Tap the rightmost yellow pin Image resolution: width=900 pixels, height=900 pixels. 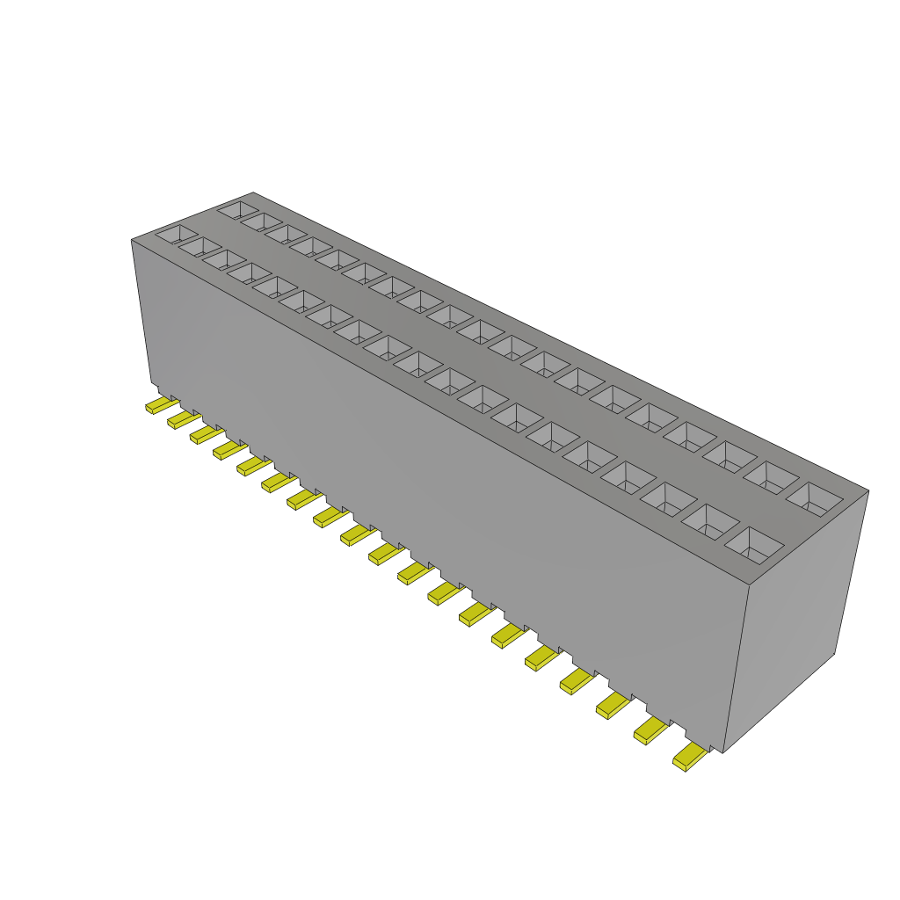(689, 756)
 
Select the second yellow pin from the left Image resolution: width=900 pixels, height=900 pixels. (182, 419)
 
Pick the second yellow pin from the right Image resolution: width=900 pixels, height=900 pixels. (650, 729)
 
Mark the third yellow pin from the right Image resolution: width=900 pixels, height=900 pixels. (612, 703)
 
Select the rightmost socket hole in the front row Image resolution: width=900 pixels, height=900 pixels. (754, 544)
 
